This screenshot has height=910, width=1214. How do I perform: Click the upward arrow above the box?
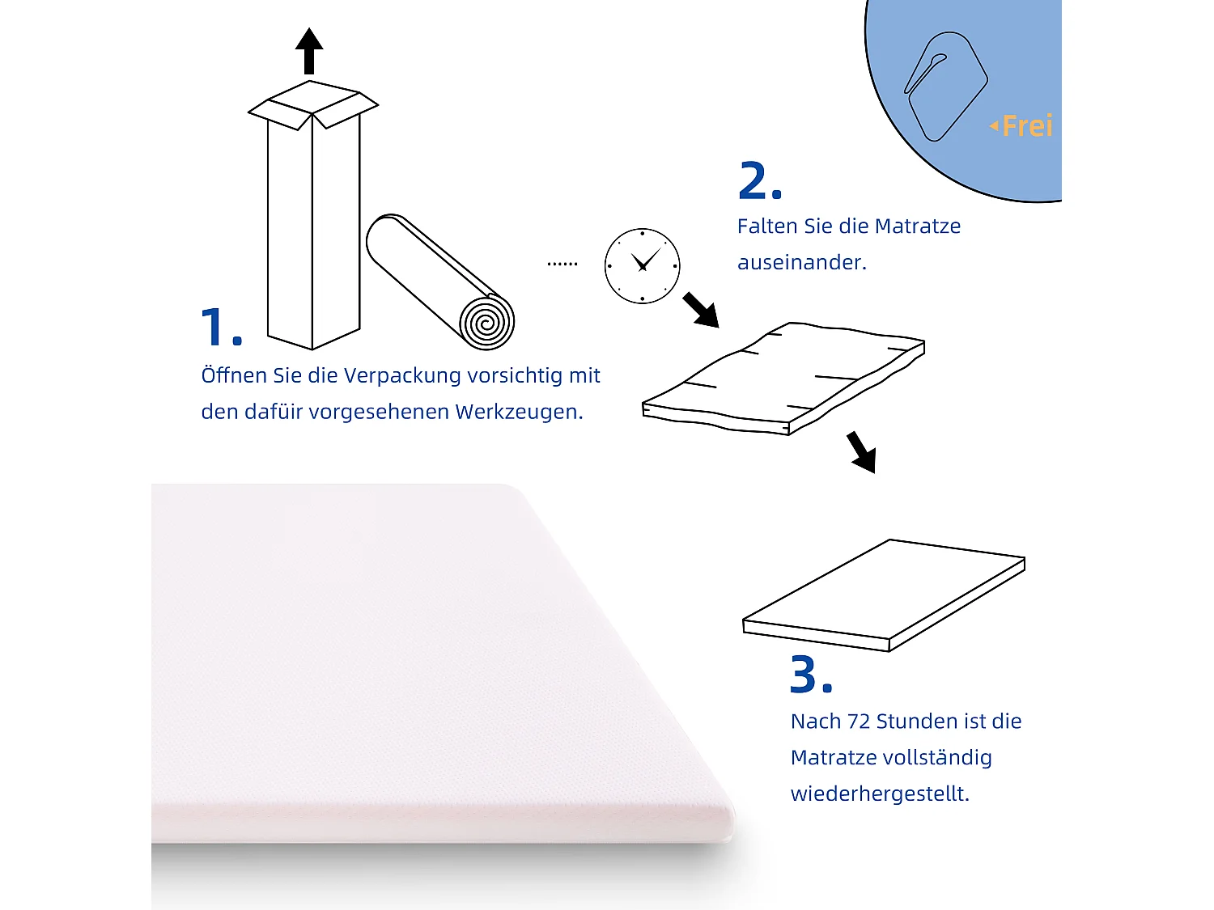point(309,51)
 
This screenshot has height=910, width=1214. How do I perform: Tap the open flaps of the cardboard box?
point(312,105)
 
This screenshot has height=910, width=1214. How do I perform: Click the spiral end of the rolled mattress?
point(486,322)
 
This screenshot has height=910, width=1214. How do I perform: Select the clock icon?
point(642,266)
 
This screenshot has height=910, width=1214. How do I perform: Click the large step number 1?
point(220,327)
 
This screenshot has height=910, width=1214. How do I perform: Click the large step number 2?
point(759,181)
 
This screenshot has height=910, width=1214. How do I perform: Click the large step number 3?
point(810,675)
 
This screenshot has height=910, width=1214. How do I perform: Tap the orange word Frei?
point(1026,126)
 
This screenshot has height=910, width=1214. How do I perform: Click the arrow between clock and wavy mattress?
point(700,311)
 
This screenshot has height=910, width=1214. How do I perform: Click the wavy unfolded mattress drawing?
point(783,379)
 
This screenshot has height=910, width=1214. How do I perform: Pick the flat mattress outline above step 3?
point(884,595)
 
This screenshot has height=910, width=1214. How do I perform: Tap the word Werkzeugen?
point(518,412)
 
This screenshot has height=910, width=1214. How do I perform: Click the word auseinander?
point(801,263)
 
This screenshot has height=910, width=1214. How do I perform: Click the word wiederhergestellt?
point(879,794)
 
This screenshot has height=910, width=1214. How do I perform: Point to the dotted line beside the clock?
point(562,264)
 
